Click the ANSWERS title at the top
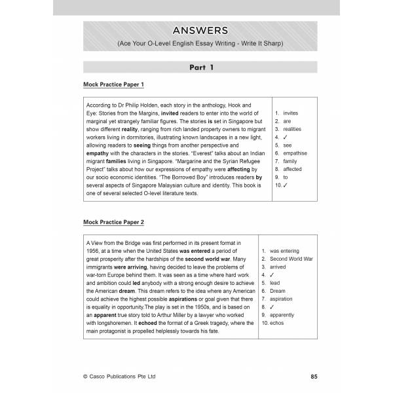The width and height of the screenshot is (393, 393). [201, 30]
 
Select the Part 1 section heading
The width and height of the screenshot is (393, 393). [201, 67]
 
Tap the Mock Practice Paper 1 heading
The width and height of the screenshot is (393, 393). [113, 85]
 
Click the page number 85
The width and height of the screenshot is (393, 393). [314, 377]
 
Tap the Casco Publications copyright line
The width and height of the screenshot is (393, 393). [120, 377]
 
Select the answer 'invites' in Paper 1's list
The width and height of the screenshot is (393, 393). [291, 113]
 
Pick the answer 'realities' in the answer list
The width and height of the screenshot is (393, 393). [293, 129]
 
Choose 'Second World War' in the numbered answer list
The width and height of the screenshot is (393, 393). [301, 259]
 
